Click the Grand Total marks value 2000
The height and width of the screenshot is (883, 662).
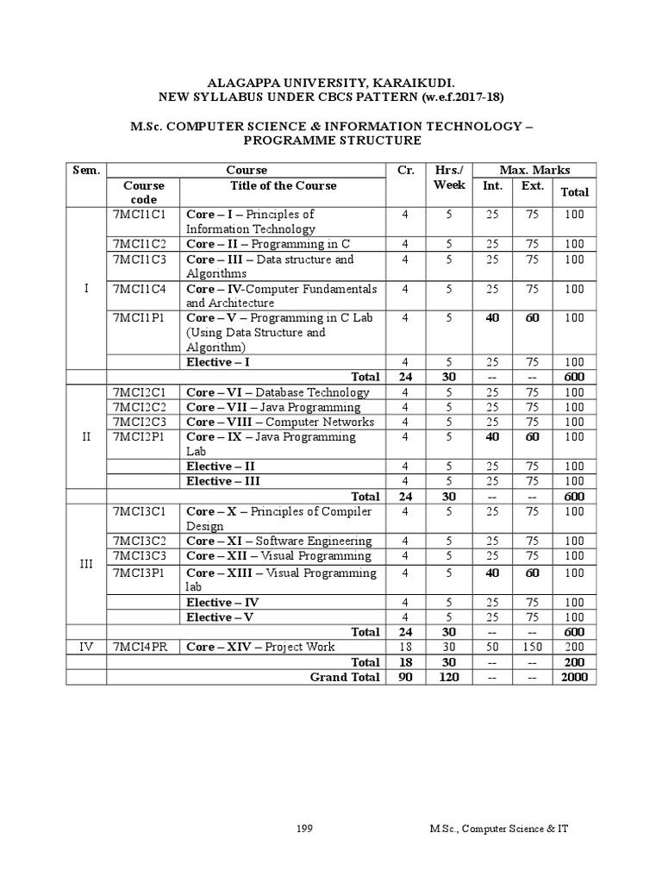pos(573,678)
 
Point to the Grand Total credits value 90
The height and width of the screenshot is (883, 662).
pos(405,678)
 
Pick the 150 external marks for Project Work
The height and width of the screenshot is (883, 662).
pos(533,647)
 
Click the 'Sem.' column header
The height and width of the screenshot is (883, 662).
pos(86,171)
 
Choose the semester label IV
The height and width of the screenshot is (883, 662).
pos(86,647)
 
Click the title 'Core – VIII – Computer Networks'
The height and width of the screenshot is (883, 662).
pos(280,423)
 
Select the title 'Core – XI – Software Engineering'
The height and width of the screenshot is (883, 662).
pos(279,542)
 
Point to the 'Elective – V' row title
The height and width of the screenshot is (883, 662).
pos(222,617)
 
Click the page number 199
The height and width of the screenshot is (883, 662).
pos(303,829)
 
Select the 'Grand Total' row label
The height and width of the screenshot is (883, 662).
pos(345,678)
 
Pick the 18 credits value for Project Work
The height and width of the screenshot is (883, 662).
pos(405,647)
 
